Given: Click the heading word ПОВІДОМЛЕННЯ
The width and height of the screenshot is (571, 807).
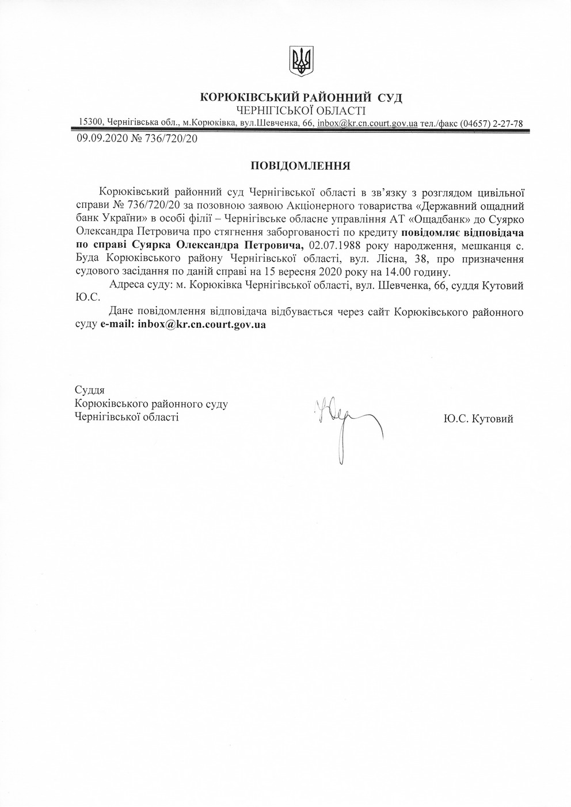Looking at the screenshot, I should point(301,166).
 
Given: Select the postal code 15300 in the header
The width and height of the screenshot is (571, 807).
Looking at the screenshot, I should point(91,122).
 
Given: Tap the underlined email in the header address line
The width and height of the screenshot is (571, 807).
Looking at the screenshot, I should point(367,123).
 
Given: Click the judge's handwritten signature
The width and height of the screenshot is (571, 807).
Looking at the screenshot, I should point(345,423).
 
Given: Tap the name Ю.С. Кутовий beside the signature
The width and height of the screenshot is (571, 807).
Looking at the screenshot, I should point(478,419).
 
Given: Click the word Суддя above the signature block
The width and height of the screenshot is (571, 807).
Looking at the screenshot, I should point(90,390).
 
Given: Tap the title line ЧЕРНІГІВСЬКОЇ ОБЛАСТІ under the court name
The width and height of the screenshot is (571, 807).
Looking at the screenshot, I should point(301,110).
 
